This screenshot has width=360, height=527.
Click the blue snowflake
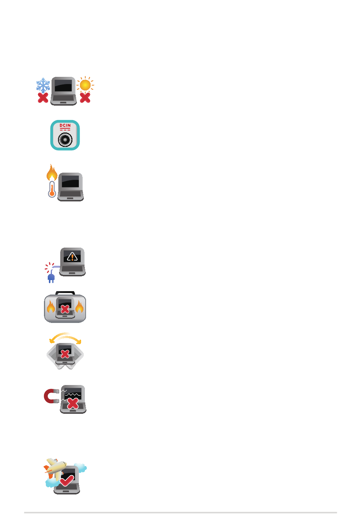(x=43, y=86)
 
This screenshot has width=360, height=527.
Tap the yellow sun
(x=85, y=85)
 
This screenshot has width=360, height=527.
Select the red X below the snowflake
(x=43, y=98)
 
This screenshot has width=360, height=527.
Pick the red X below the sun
(x=85, y=98)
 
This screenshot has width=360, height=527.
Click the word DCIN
(x=65, y=126)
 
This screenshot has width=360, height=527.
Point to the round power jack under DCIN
(x=65, y=140)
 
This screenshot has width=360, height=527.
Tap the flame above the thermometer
(x=52, y=173)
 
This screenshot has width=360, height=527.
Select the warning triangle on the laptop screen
(x=72, y=257)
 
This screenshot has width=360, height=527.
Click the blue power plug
(x=51, y=278)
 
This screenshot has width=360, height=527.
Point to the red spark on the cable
(x=49, y=268)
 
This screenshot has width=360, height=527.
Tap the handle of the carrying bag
(x=65, y=293)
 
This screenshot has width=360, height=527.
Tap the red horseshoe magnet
(x=50, y=396)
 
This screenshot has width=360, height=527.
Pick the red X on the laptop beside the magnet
(x=73, y=403)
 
